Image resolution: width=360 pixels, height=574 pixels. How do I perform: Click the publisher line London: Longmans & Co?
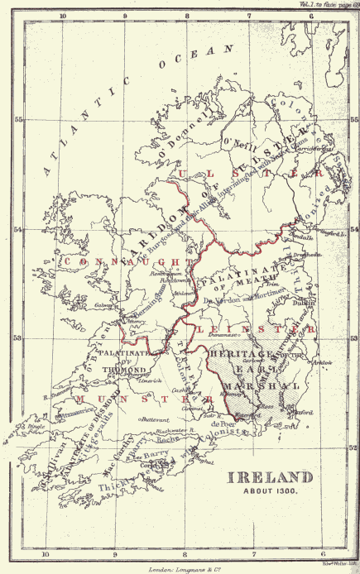[x=178, y=569]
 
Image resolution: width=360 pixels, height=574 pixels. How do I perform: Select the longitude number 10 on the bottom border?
[x=46, y=556]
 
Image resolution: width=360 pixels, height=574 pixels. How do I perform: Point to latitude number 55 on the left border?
[x=18, y=119]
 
